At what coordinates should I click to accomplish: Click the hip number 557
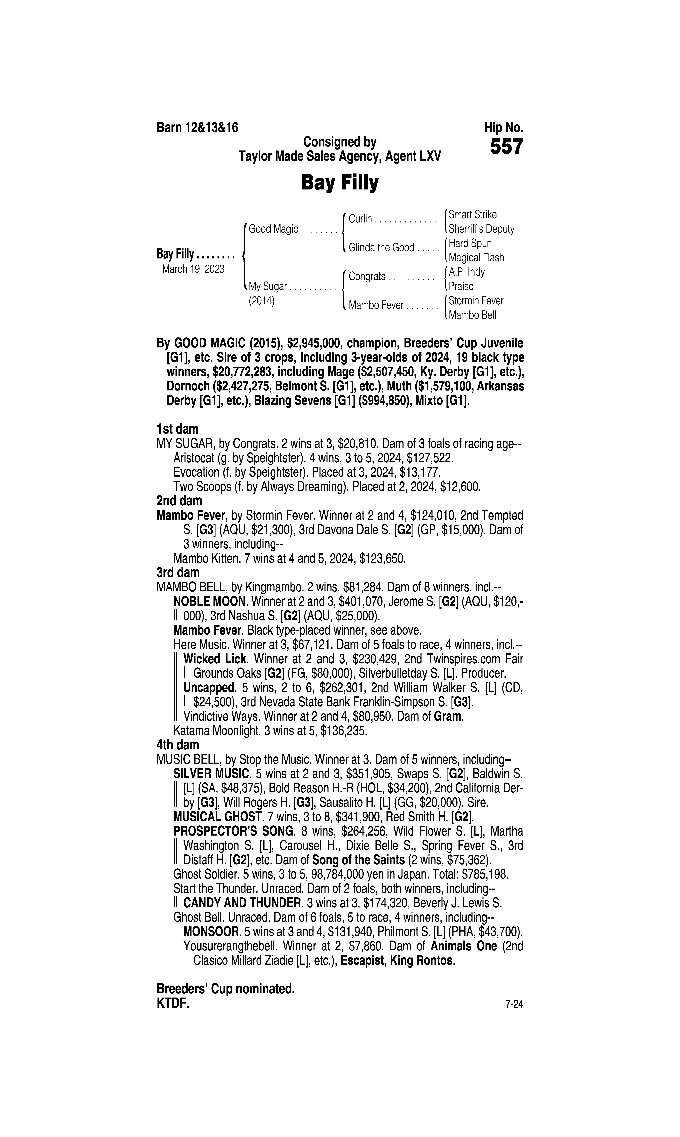point(506,147)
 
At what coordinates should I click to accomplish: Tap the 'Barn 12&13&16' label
point(197,127)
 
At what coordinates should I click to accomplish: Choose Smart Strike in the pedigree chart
point(472,214)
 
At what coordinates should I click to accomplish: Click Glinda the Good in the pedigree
point(381,248)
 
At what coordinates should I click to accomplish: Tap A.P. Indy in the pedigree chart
point(466,272)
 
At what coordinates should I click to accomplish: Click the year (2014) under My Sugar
point(262,301)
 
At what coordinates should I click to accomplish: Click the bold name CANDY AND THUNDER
point(241,903)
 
